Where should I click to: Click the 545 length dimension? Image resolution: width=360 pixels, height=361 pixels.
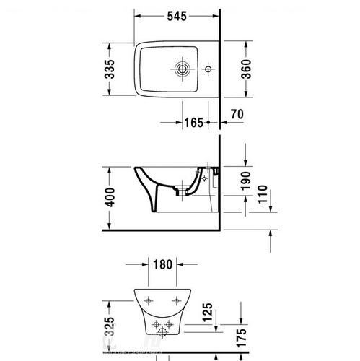point(178,14)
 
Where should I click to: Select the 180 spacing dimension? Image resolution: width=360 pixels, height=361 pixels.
point(162,265)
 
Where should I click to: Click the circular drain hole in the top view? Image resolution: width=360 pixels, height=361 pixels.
point(183,70)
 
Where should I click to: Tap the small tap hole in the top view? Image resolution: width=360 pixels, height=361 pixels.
point(208,70)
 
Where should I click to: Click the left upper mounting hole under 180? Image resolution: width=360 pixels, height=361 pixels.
point(149,299)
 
